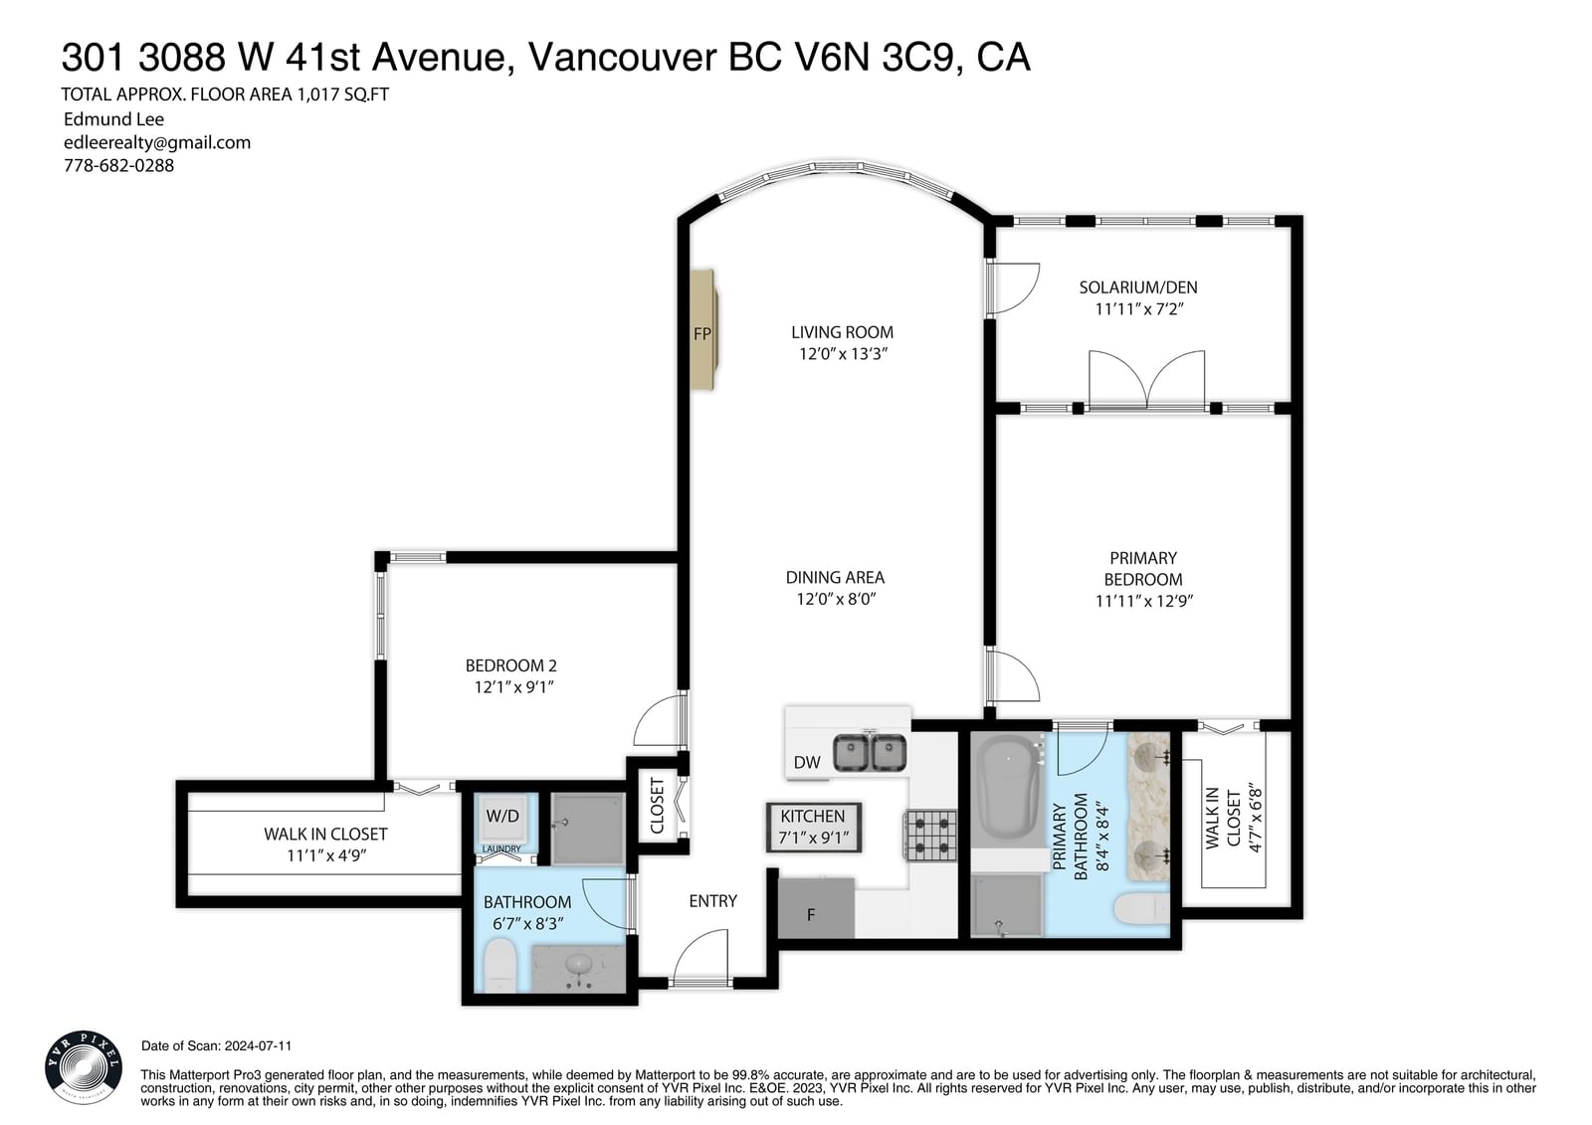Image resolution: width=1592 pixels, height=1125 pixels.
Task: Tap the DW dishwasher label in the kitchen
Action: [x=807, y=763]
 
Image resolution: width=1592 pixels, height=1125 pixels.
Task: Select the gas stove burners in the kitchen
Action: [x=929, y=836]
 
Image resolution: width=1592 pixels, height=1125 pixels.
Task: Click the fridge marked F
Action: [x=816, y=907]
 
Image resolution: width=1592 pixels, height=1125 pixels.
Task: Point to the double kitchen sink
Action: [x=870, y=753]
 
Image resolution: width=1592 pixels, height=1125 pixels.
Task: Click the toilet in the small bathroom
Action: [x=498, y=965]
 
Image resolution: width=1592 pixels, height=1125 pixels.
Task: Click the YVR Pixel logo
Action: [x=84, y=1066]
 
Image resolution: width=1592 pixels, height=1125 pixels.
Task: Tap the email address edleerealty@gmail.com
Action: [x=157, y=143]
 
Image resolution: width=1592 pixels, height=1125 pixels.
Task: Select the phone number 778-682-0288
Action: [x=118, y=165]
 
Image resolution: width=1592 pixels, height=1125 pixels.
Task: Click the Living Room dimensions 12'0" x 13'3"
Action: [x=843, y=354]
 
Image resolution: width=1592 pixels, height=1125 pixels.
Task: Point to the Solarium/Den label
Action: [x=1138, y=287]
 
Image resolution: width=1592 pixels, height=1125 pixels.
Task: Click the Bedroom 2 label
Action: [x=511, y=665]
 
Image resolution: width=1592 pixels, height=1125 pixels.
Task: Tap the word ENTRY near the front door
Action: [x=712, y=901]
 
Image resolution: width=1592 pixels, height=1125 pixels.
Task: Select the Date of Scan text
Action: [x=216, y=1046]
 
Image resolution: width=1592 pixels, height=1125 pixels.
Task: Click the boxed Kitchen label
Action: [x=813, y=828]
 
